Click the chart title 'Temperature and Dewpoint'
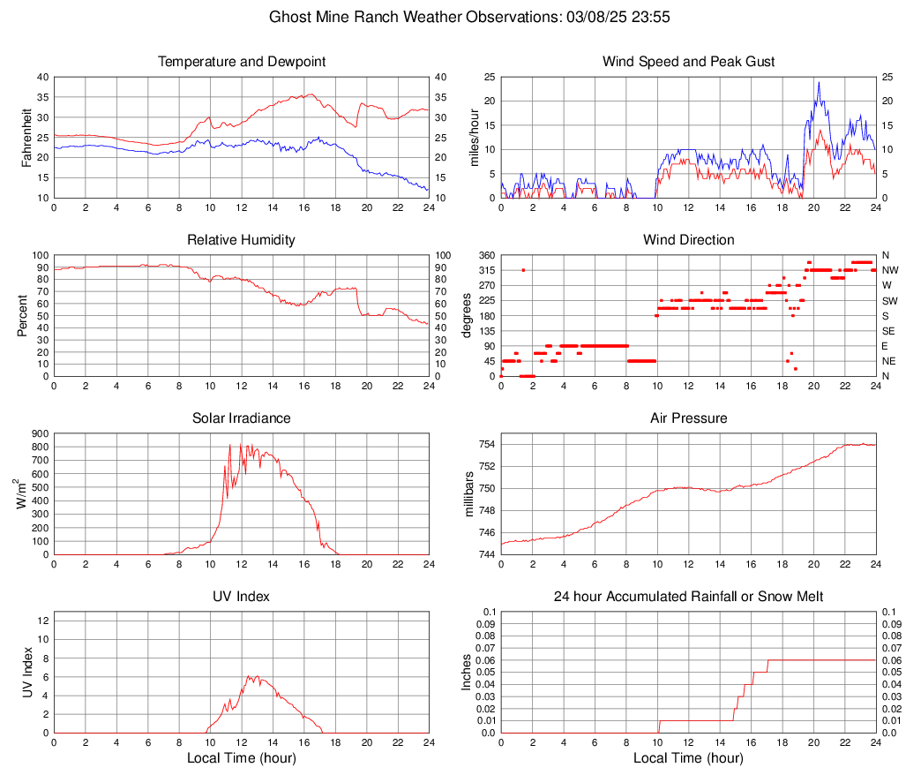[241, 62]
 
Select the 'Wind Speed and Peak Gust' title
[688, 62]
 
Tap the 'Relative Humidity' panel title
[241, 240]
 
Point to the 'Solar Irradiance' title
[241, 418]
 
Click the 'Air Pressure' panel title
[688, 418]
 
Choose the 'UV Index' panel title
[241, 597]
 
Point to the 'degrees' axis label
[467, 316]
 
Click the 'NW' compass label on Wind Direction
[890, 270]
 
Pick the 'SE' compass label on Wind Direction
[889, 331]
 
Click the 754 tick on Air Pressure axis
[487, 444]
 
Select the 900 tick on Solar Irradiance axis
[38, 433]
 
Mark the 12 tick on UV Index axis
[42, 621]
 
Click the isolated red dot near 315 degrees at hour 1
[523, 270]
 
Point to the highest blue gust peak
[819, 83]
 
